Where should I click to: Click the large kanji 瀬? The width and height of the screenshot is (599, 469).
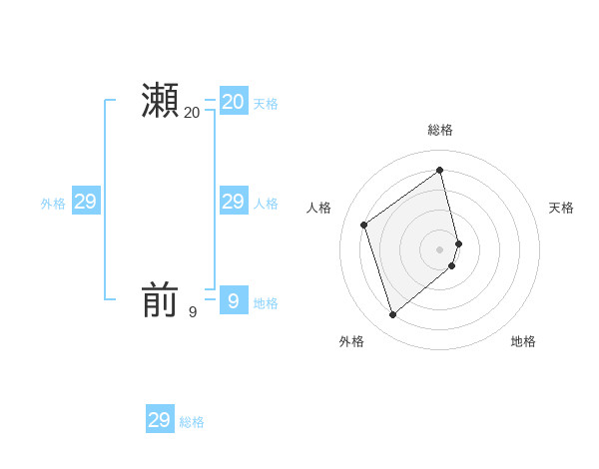(160, 101)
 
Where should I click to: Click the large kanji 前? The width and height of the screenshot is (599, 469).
(160, 299)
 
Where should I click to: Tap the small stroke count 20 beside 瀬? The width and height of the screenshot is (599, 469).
(192, 114)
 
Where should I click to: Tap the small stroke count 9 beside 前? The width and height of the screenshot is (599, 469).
(193, 312)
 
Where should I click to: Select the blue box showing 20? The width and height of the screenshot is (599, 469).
(234, 101)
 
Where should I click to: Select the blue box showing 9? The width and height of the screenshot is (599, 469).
(234, 299)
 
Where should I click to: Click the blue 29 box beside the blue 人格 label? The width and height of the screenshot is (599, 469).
(234, 202)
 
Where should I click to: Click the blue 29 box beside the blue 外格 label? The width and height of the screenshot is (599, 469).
(86, 202)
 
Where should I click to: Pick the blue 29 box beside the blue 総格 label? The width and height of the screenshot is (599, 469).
(160, 420)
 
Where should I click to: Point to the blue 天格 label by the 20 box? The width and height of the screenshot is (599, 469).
(266, 104)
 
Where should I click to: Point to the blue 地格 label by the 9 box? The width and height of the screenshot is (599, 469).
(266, 303)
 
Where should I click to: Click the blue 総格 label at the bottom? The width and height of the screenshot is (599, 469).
(192, 423)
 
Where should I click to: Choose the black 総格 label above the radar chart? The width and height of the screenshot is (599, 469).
(440, 130)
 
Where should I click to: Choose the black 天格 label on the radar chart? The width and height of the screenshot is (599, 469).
(562, 208)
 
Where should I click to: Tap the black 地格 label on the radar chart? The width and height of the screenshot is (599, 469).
(523, 341)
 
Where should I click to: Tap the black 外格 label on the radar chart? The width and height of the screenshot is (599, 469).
(351, 341)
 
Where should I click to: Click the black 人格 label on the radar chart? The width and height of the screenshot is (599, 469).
(319, 208)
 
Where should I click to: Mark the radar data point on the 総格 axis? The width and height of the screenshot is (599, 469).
(440, 169)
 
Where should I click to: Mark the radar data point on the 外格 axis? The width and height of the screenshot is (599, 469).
(393, 315)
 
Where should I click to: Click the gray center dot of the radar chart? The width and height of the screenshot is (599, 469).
(440, 248)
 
